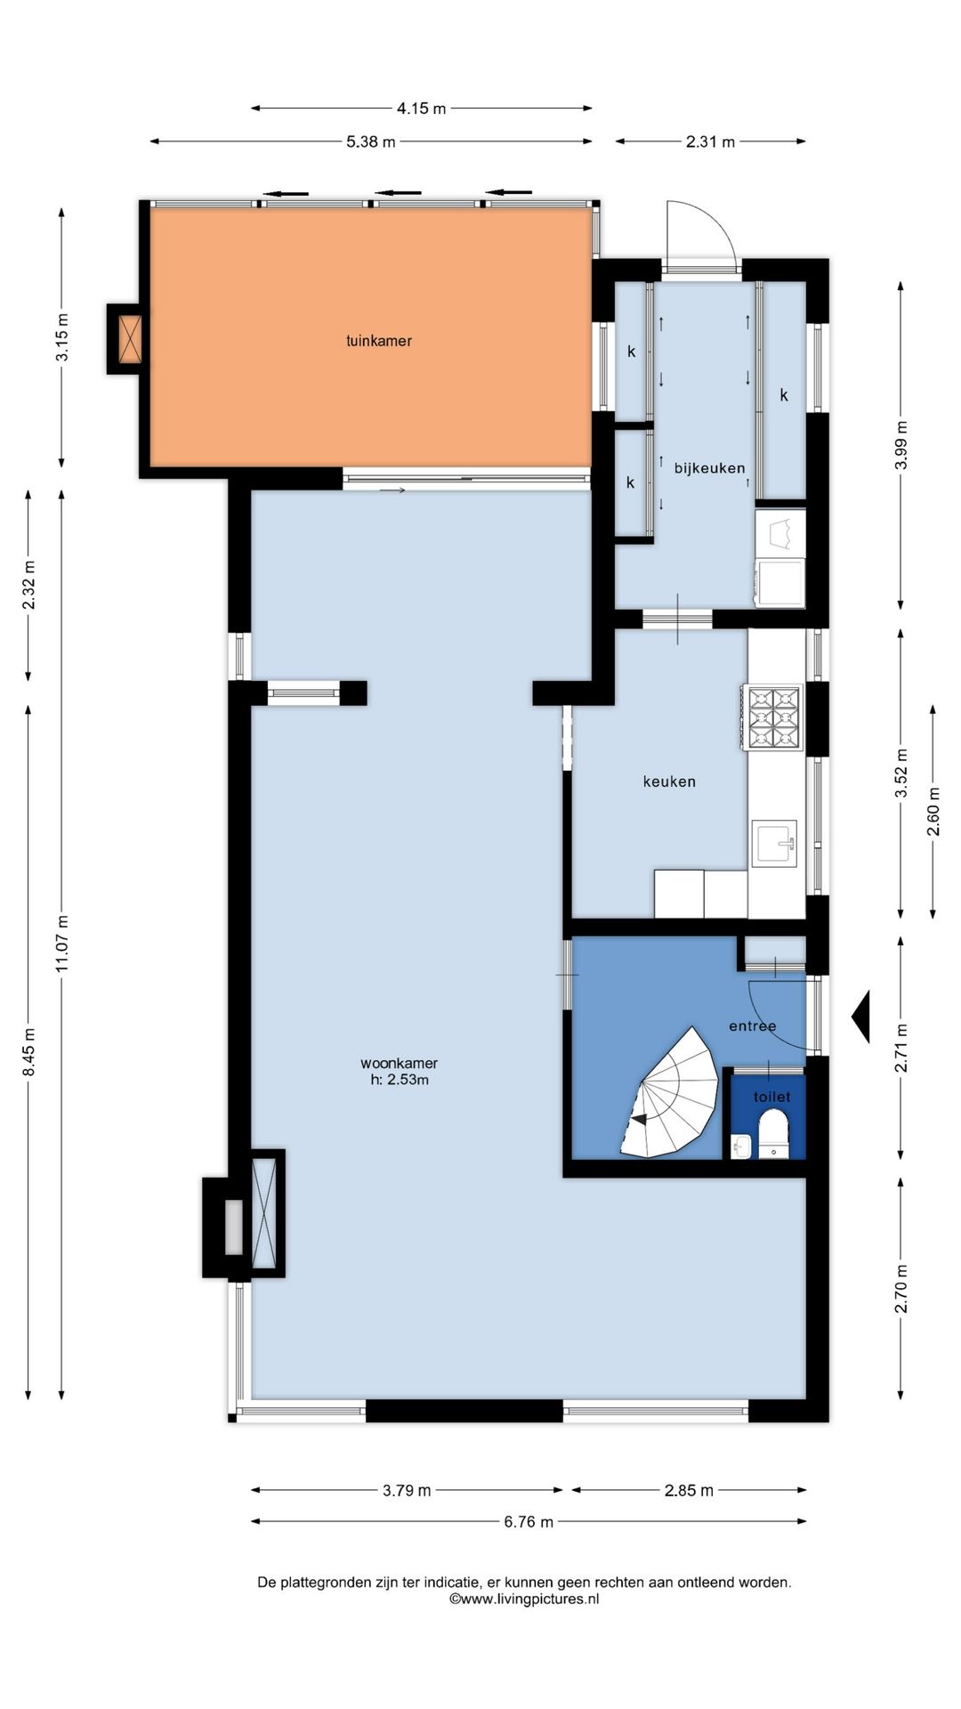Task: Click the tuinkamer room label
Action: (x=379, y=341)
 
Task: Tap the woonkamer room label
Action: (x=399, y=1063)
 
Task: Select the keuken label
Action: (x=669, y=782)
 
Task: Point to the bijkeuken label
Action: (x=709, y=468)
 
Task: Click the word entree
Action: (x=753, y=1026)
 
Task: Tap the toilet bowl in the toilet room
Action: (x=773, y=1133)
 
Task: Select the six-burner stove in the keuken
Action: (x=773, y=717)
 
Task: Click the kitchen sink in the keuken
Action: (x=773, y=842)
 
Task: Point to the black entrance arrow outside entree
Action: (x=860, y=1016)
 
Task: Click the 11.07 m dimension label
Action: (x=62, y=943)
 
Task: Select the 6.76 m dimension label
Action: (x=529, y=1522)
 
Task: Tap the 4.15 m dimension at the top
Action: (x=421, y=109)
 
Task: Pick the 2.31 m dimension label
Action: (x=710, y=142)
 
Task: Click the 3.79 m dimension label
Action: (x=407, y=1490)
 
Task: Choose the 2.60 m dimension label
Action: (x=933, y=812)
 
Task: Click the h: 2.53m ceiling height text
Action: (x=400, y=1080)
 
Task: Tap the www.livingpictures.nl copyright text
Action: (x=524, y=1599)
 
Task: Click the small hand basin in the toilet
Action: (x=741, y=1146)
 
